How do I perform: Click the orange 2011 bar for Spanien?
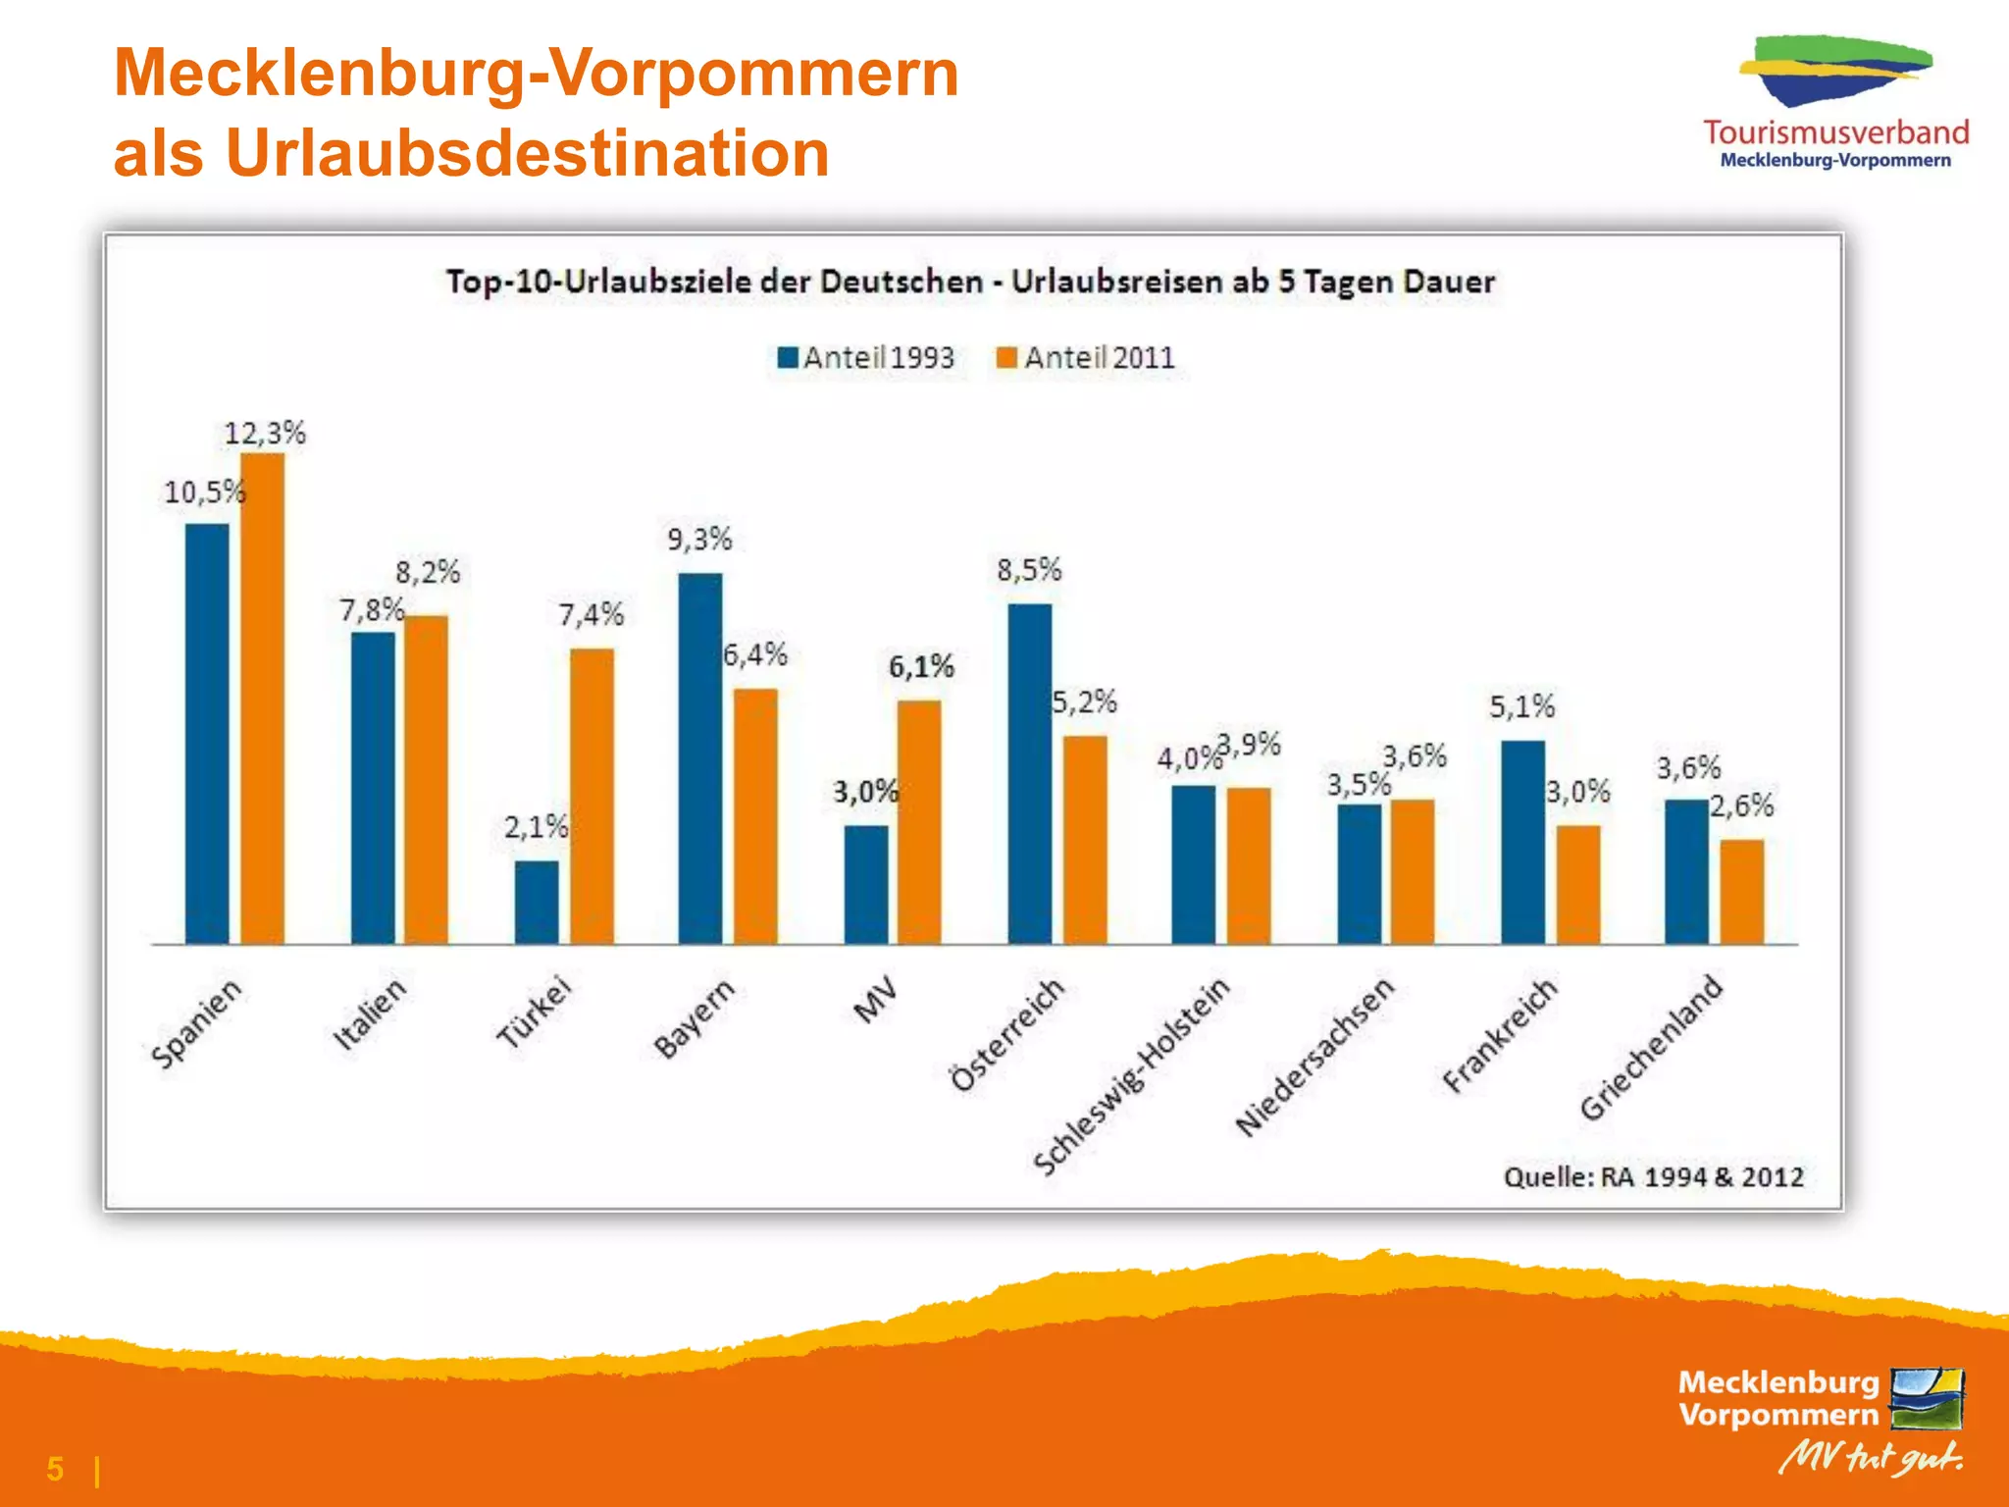pos(263,699)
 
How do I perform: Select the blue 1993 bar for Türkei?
pos(537,903)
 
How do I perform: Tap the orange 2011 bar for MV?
pos(919,822)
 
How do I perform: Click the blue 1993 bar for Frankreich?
pos(1522,842)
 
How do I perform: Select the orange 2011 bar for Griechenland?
pos(1742,891)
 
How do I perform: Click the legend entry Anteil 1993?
pos(865,357)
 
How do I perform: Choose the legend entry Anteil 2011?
pos(1086,357)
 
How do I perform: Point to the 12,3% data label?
pos(265,433)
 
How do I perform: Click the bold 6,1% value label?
pos(921,667)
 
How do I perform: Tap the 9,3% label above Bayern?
pos(699,539)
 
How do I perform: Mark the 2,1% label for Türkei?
pos(536,827)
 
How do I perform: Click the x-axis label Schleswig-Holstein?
pos(1132,1075)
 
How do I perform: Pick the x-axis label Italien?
pos(369,1013)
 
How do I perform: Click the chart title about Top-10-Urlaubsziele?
pos(970,282)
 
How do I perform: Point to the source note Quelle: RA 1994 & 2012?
pos(1654,1176)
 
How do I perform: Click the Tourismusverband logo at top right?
pos(1835,103)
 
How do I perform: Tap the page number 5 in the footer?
pos(55,1469)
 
